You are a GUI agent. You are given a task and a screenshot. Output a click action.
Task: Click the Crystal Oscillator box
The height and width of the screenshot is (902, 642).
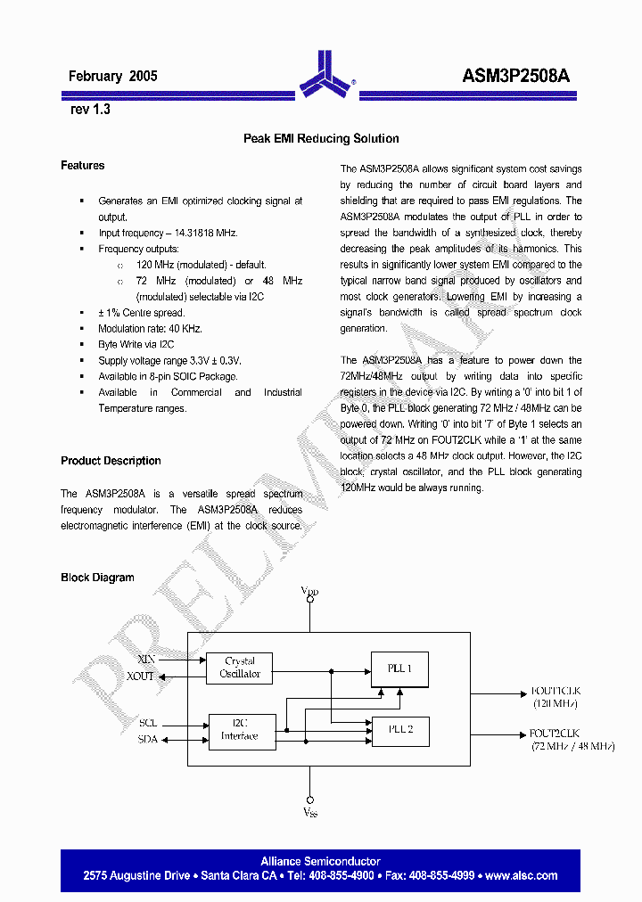tap(240, 668)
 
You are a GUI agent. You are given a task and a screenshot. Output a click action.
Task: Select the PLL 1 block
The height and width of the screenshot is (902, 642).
tap(399, 668)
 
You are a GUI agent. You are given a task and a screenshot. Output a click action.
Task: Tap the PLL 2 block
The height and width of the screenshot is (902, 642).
tap(399, 730)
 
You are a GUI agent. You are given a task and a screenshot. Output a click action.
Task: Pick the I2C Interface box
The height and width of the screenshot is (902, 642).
tap(241, 730)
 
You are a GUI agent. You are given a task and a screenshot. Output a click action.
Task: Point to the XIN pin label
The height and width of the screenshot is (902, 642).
tap(146, 659)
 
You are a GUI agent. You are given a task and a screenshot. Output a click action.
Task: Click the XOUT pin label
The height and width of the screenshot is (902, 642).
tap(141, 676)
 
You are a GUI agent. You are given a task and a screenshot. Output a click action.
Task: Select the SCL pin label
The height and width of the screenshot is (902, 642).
tap(148, 723)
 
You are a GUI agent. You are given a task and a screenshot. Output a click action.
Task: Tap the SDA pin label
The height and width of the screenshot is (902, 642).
tap(148, 739)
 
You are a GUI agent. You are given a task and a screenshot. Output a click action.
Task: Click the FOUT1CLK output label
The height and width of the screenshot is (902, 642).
tap(556, 691)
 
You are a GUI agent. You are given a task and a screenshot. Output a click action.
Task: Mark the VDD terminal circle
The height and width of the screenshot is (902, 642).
tap(309, 601)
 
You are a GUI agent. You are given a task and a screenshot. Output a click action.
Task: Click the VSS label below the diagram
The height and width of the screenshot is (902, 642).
tap(309, 813)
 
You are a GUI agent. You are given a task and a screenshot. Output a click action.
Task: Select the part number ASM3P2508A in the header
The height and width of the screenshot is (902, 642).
tap(516, 77)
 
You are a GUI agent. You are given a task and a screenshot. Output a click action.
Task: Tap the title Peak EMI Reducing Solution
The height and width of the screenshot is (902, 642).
tap(321, 139)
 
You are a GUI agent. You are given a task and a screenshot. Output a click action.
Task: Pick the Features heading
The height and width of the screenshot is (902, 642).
tap(83, 166)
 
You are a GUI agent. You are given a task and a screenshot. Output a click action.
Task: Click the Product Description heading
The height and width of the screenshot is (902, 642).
tap(111, 461)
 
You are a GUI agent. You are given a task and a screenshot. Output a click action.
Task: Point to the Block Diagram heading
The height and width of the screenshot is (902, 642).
tap(97, 578)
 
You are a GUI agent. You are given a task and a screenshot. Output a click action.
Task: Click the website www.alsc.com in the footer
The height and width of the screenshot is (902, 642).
tap(521, 875)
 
